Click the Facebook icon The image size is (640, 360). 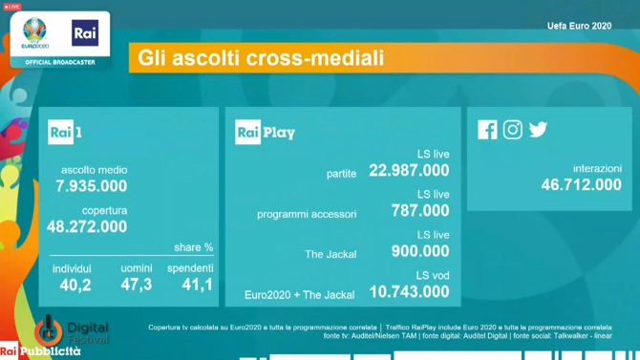point(487,129)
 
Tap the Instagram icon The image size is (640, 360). point(513,129)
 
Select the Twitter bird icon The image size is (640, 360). point(539,129)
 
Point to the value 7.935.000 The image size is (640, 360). point(92,185)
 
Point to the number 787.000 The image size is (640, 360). point(419,210)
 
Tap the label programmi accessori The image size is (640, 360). point(307,214)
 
